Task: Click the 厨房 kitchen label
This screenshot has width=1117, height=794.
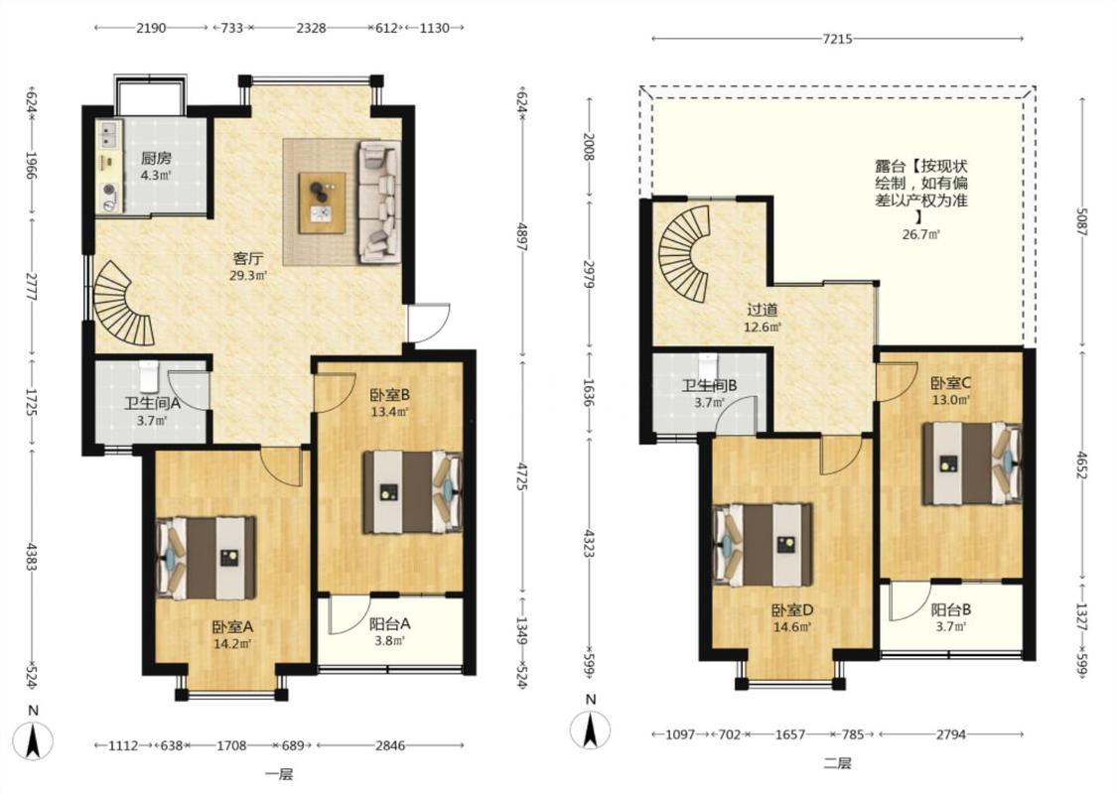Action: click(155, 158)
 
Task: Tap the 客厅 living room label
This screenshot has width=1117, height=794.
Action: click(248, 258)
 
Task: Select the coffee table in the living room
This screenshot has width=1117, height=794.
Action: click(322, 202)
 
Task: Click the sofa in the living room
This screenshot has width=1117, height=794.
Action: click(380, 201)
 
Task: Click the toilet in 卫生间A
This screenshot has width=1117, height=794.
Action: click(148, 376)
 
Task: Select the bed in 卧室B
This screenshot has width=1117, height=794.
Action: click(413, 491)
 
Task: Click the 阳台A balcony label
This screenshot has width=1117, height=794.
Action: click(389, 624)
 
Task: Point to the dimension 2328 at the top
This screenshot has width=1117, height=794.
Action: click(312, 28)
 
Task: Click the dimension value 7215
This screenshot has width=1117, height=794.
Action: click(837, 39)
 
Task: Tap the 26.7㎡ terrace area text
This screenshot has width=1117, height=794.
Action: click(921, 234)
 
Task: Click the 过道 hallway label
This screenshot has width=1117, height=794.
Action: click(763, 310)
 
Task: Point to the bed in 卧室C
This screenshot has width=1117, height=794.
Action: click(972, 463)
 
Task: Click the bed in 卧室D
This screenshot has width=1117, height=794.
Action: click(763, 545)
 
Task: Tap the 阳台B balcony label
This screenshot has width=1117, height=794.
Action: click(951, 610)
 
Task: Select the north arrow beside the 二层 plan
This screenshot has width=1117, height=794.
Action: click(590, 728)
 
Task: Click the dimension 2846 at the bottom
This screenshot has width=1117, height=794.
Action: click(390, 745)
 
